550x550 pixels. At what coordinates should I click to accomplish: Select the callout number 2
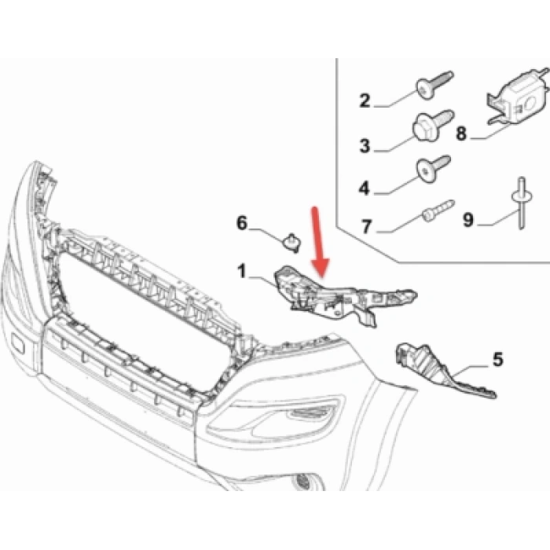click(x=365, y=100)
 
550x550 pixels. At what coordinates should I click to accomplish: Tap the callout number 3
click(x=365, y=145)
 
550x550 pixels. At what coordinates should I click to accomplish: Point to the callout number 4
click(x=365, y=189)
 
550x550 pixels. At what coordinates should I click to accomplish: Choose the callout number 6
click(x=242, y=224)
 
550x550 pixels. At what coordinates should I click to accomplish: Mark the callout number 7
click(x=366, y=228)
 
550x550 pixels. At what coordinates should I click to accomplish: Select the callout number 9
click(x=468, y=221)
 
